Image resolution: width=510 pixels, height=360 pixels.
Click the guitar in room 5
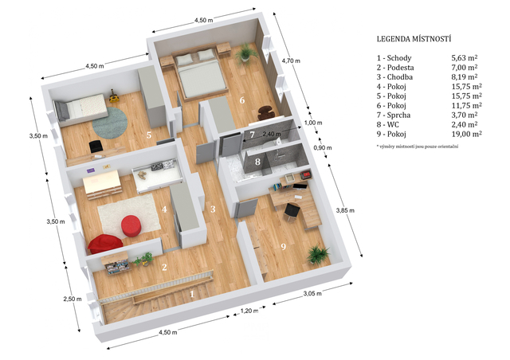click(113, 96)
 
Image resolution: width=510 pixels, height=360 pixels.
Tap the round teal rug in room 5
click(110, 123)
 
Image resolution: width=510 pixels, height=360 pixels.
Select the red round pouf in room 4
click(131, 225)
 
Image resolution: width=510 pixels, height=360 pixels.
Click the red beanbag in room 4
click(104, 244)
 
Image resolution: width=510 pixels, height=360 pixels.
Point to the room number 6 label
click(242, 100)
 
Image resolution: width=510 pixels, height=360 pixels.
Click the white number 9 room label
click(284, 246)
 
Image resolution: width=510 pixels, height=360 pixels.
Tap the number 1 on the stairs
click(192, 294)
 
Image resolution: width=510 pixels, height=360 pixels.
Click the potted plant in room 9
click(317, 254)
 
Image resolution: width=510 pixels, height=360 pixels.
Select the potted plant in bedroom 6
click(245, 53)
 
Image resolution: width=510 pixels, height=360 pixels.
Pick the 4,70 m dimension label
click(291, 61)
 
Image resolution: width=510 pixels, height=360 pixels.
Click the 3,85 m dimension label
click(345, 210)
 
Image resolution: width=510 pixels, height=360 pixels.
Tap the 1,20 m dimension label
click(249, 311)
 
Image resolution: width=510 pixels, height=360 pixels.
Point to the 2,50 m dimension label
click(73, 299)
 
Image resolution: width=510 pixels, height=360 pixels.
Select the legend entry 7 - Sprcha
click(394, 115)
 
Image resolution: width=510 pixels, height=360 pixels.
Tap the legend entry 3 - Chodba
click(394, 77)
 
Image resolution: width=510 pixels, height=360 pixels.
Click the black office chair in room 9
click(292, 212)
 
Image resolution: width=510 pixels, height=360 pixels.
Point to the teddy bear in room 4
click(142, 175)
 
